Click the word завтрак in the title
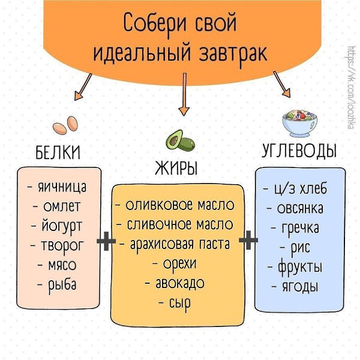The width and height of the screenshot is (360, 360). [233, 54]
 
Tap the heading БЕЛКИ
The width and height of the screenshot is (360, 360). [58, 152]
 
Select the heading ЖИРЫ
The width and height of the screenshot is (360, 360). [176, 168]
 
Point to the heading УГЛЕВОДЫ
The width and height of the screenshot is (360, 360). [299, 151]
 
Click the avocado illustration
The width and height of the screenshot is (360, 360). [180, 141]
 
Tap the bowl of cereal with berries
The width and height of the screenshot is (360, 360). [300, 123]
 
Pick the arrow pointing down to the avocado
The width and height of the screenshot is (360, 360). [184, 94]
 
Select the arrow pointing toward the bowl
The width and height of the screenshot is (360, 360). [282, 84]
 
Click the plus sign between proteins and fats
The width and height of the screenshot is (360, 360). [106, 241]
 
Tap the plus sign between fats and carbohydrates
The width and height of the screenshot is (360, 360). [248, 240]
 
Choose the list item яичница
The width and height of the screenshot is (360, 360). [58, 187]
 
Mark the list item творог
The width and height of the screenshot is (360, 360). [56, 246]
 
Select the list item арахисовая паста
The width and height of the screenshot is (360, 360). [175, 244]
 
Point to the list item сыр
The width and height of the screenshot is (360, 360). [175, 303]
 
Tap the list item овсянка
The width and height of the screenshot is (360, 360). [295, 208]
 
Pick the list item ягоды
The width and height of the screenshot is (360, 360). [295, 287]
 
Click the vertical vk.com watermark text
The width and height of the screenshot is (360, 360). [352, 88]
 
